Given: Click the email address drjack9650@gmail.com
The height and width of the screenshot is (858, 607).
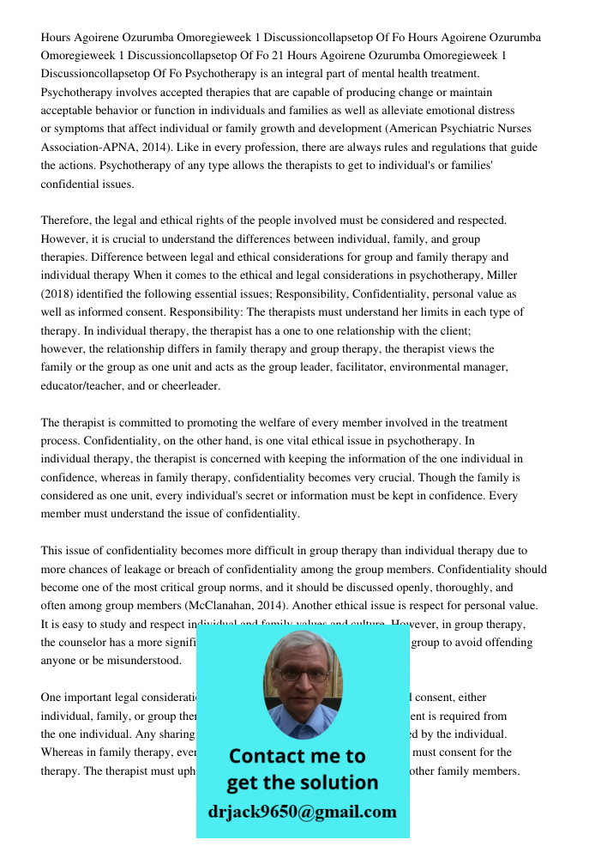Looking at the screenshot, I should [x=302, y=812].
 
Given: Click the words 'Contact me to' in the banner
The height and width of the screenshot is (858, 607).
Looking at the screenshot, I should [x=297, y=756].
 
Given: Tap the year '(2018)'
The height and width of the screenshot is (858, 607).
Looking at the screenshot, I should [x=58, y=293].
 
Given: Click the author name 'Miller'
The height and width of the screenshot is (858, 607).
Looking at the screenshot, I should [x=501, y=275].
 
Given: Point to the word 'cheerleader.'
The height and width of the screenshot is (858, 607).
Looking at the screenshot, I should [x=190, y=386].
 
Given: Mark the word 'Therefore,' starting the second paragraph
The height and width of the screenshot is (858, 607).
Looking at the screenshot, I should [x=66, y=221].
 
